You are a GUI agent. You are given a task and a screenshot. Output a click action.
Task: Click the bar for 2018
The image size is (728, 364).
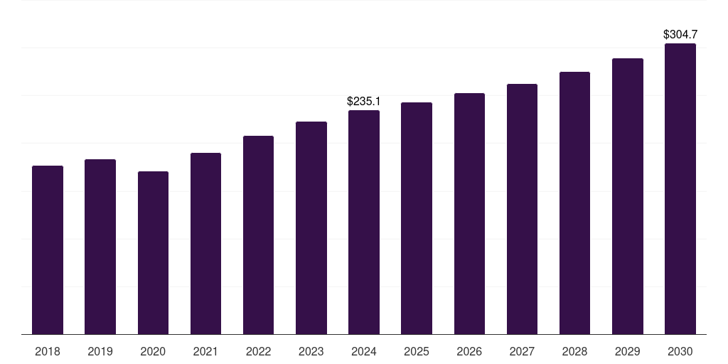(48, 250)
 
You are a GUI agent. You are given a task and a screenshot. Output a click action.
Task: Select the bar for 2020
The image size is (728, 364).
(153, 252)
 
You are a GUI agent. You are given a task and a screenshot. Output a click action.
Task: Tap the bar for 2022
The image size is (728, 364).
(258, 235)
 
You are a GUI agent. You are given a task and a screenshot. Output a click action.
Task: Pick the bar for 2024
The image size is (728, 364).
(364, 222)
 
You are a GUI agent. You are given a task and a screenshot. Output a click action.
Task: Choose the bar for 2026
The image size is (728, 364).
(469, 213)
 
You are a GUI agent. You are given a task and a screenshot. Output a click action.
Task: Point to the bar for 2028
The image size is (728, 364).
(574, 203)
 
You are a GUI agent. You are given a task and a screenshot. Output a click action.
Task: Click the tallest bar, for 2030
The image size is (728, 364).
(680, 188)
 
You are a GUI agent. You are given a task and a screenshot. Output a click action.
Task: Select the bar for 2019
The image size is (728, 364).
(100, 247)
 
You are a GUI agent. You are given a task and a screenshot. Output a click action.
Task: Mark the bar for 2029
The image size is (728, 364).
(628, 196)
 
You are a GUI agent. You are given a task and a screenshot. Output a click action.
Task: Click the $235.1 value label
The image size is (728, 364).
(364, 102)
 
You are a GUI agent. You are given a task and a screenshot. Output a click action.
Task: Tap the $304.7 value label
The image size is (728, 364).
(680, 34)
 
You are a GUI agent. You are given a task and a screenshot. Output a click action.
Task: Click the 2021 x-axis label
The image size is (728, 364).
(205, 351)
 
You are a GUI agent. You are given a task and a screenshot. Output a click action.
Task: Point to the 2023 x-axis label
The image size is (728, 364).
(311, 351)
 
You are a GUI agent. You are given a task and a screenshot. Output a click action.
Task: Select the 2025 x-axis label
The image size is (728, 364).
(417, 351)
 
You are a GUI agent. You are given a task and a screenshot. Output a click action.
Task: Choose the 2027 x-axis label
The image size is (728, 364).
(522, 351)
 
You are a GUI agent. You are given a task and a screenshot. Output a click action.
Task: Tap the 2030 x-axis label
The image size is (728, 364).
(680, 351)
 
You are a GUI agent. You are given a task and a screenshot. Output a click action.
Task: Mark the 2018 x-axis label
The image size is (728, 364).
(48, 351)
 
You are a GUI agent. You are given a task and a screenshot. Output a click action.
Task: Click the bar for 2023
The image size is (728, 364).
(311, 227)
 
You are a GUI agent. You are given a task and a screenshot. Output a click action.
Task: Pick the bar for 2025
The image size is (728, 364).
(417, 218)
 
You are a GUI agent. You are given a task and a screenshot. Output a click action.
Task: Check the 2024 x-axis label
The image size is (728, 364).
(364, 351)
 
